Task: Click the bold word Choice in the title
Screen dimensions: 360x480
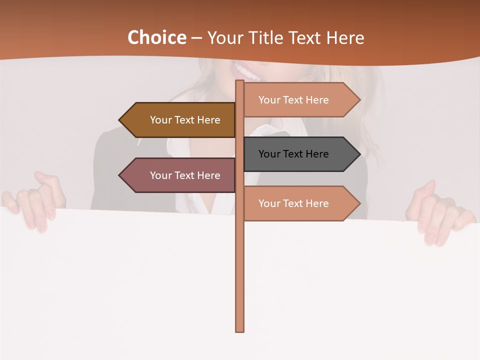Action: [156, 37]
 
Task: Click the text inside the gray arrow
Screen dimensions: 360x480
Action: [293, 154]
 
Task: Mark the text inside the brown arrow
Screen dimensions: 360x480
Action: [185, 120]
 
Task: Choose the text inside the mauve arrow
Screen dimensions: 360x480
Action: [185, 175]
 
